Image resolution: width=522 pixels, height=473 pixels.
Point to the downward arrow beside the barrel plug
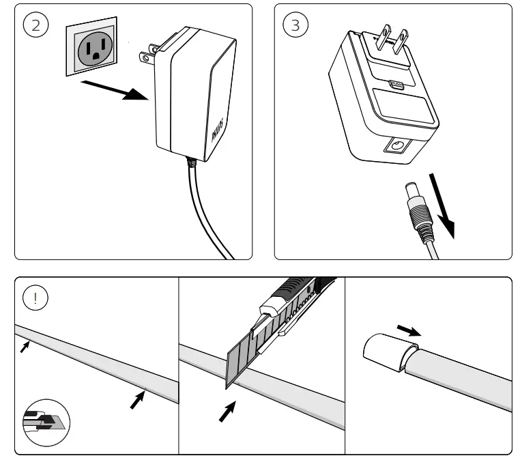pyautogui.click(x=444, y=204)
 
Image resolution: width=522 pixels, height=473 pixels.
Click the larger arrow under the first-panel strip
pyautogui.click(x=138, y=399)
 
